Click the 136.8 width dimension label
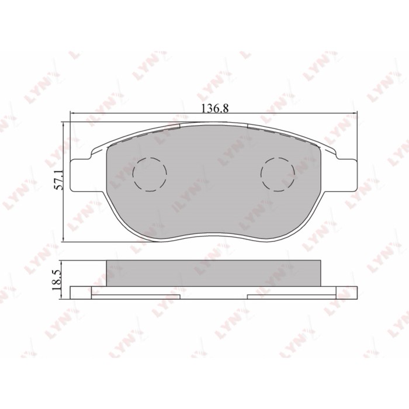point(215,108)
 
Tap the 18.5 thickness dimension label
point(57,280)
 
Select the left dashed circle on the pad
point(150,175)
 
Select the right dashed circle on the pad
point(278,175)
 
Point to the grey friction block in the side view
point(214,273)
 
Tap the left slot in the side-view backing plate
point(136,297)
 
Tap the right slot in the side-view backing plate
point(292,297)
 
